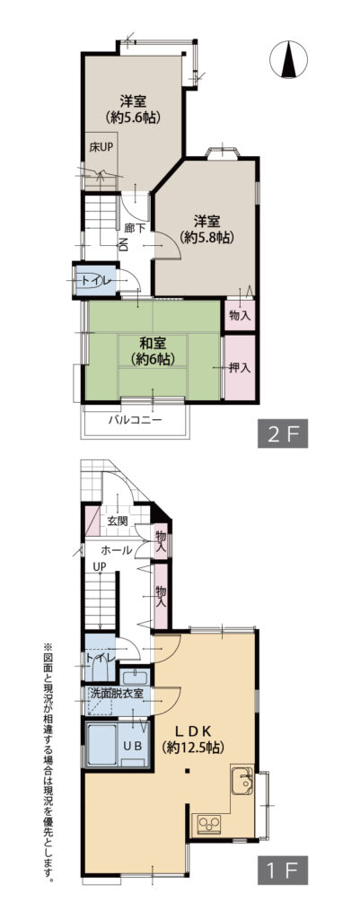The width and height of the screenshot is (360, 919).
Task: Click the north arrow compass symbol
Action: (x=288, y=60)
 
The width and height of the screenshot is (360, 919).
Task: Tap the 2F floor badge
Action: (x=283, y=434)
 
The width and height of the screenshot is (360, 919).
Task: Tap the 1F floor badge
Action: (x=283, y=871)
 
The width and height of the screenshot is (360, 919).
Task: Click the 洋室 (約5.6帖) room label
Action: (x=135, y=109)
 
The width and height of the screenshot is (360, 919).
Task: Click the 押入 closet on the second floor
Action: (x=240, y=367)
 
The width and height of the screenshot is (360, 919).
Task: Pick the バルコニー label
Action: (x=135, y=420)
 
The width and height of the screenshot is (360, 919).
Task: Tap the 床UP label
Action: (x=101, y=147)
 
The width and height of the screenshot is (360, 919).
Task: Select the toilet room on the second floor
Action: (x=96, y=281)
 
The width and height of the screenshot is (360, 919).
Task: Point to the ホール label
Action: (x=116, y=550)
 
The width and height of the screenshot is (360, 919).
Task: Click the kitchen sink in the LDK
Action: (x=242, y=780)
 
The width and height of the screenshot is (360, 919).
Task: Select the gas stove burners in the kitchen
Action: (x=209, y=824)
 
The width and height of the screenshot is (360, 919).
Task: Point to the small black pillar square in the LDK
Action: (x=187, y=769)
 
